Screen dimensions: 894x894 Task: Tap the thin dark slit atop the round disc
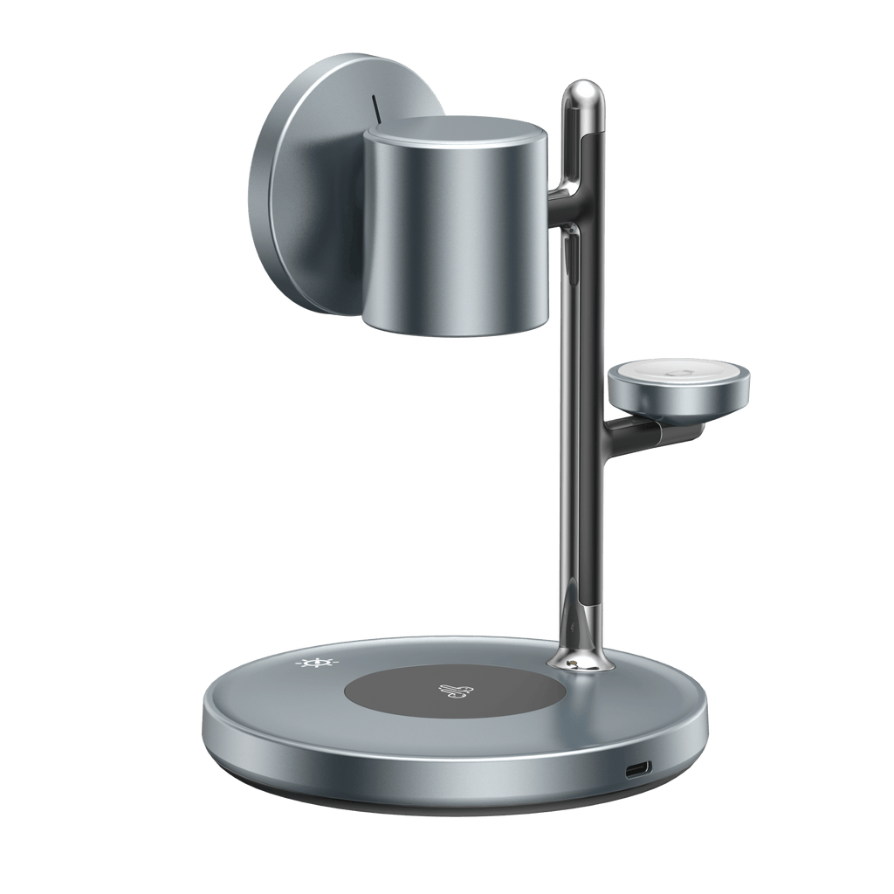[376, 108]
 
